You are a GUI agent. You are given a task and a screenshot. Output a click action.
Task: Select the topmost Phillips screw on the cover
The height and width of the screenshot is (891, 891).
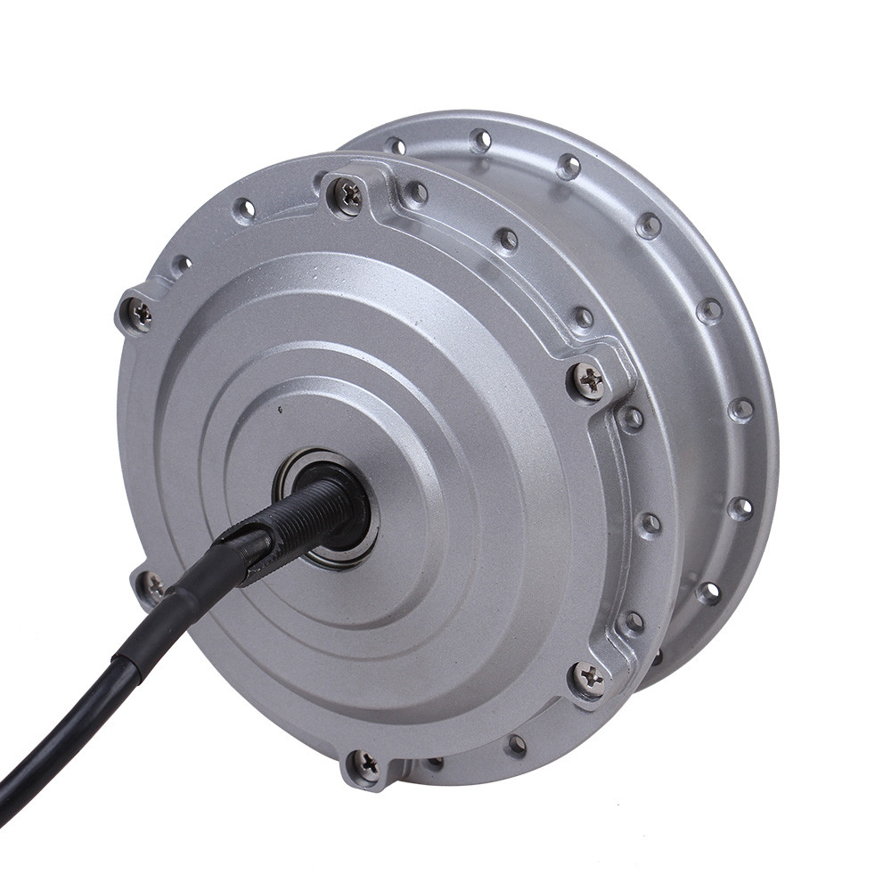pyautogui.click(x=347, y=196)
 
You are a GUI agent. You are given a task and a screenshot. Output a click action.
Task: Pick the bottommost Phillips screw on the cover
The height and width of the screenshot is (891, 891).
pyautogui.click(x=364, y=764)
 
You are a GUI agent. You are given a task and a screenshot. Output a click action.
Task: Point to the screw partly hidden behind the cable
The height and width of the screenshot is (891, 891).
pyautogui.click(x=152, y=585)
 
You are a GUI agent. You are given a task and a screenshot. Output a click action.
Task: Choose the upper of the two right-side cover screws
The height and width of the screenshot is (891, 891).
pyautogui.click(x=589, y=381)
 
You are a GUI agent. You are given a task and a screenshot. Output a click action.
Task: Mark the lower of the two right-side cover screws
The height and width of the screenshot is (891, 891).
pyautogui.click(x=588, y=679)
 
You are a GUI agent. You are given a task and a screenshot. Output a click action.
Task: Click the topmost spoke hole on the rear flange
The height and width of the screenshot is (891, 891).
pyautogui.click(x=481, y=140)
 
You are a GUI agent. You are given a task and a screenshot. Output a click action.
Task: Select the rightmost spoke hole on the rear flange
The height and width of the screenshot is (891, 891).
pyautogui.click(x=740, y=409)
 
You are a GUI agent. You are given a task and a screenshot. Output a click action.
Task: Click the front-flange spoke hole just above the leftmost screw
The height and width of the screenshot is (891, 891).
pyautogui.click(x=181, y=264)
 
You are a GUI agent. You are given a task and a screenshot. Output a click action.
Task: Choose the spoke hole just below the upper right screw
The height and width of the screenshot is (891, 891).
pyautogui.click(x=632, y=417)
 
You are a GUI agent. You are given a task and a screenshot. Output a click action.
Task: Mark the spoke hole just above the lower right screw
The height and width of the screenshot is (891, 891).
pyautogui.click(x=632, y=621)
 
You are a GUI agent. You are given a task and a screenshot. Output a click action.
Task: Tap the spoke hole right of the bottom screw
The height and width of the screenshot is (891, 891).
pyautogui.click(x=435, y=764)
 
